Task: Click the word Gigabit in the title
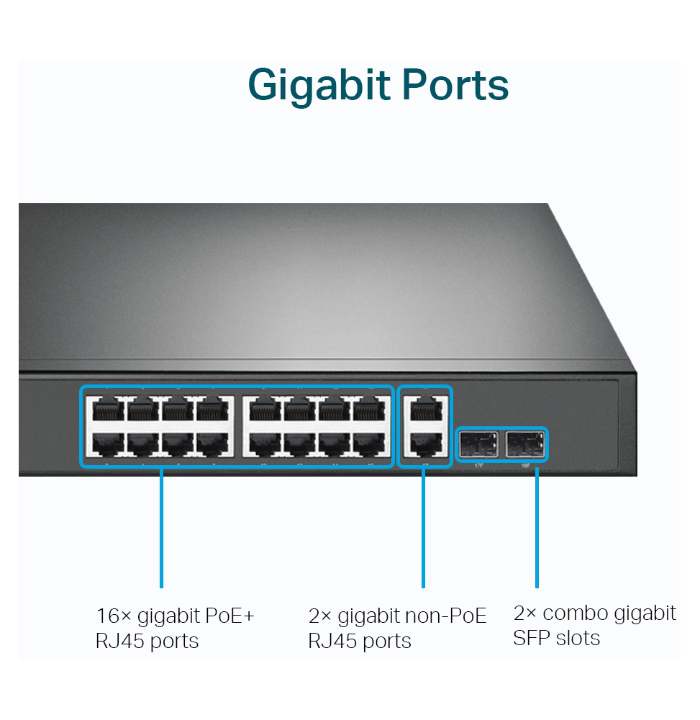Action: pyautogui.click(x=317, y=86)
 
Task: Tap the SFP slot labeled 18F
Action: pyautogui.click(x=525, y=446)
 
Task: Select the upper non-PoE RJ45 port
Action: pyautogui.click(x=424, y=410)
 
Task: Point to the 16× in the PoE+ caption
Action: pyautogui.click(x=113, y=616)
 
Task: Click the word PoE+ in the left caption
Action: pyautogui.click(x=229, y=616)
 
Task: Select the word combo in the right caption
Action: pyautogui.click(x=568, y=613)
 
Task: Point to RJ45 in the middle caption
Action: pyautogui.click(x=330, y=641)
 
